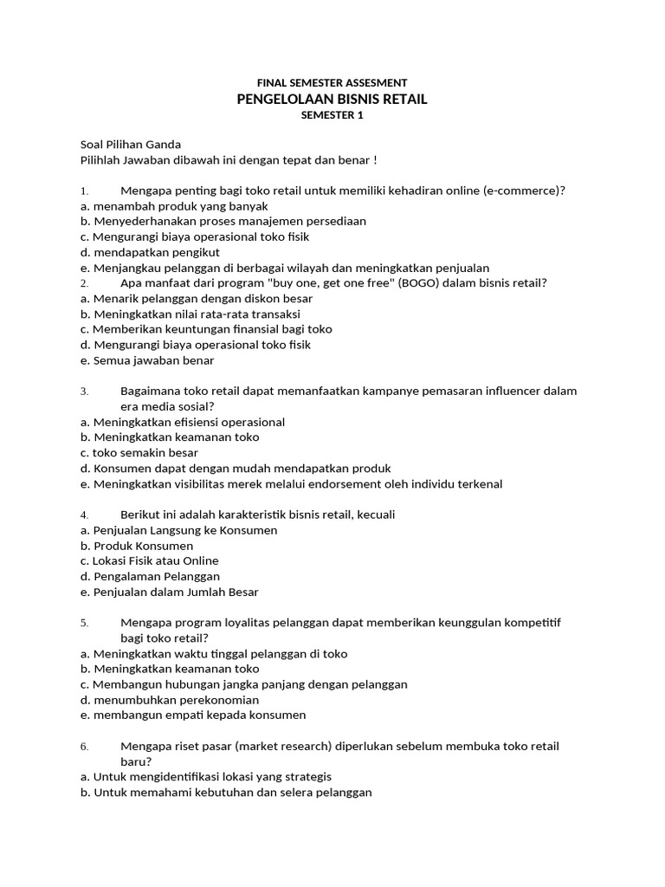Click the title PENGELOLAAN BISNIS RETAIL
pyautogui.click(x=332, y=100)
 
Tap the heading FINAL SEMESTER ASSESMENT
pyautogui.click(x=332, y=82)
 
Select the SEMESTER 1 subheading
pyautogui.click(x=332, y=115)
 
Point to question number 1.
pyautogui.click(x=84, y=191)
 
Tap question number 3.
pyautogui.click(x=84, y=392)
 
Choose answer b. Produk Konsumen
pyautogui.click(x=137, y=546)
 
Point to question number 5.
pyautogui.click(x=84, y=624)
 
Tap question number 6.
pyautogui.click(x=84, y=747)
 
